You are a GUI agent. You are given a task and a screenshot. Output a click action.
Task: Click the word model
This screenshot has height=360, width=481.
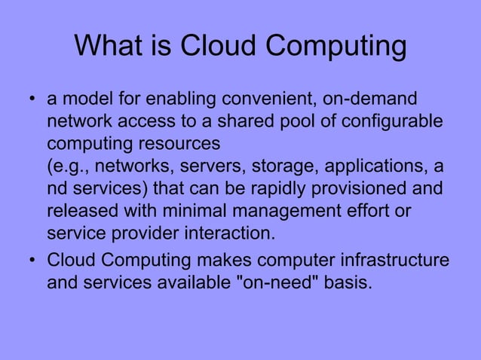[x=86, y=99]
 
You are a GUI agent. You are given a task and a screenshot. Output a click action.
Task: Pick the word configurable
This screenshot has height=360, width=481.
[x=385, y=121]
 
